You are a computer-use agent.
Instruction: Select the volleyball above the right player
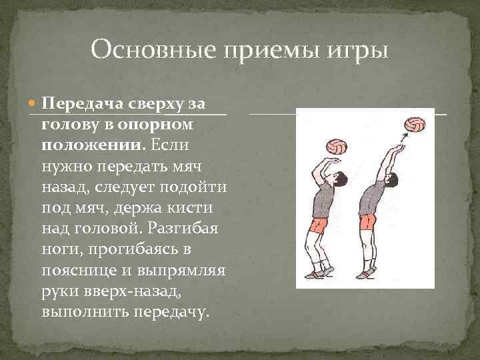click(415, 125)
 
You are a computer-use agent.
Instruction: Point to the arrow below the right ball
click(401, 137)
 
